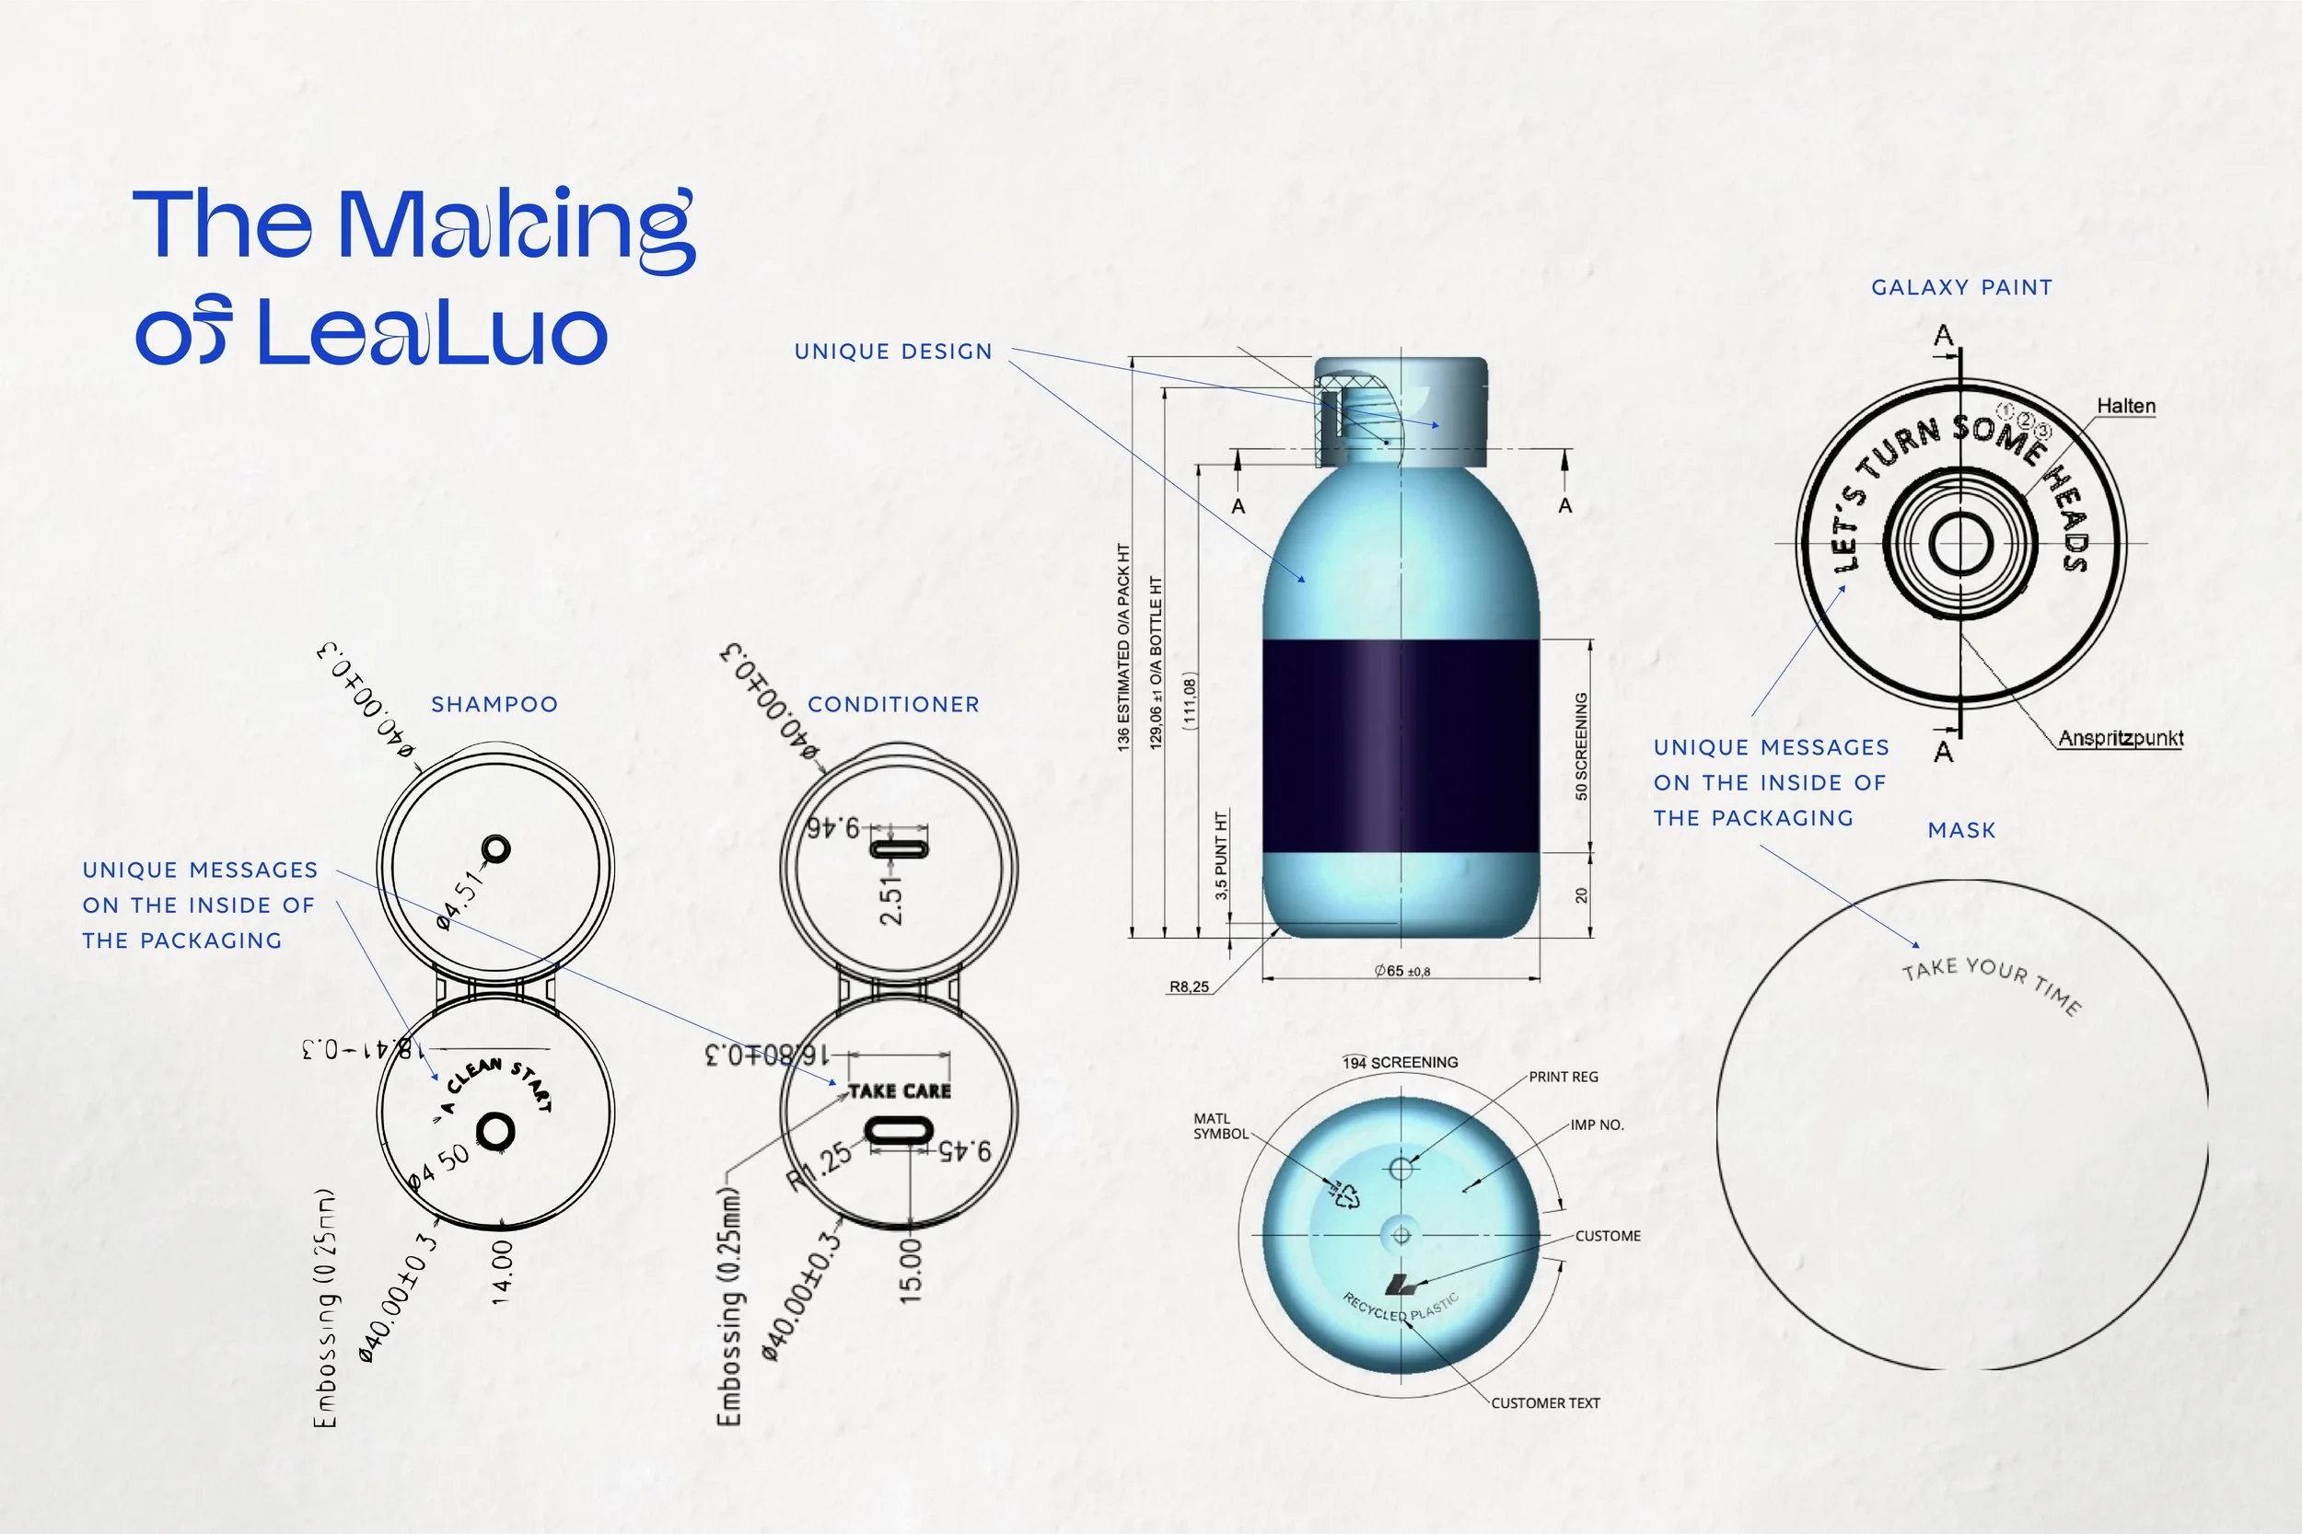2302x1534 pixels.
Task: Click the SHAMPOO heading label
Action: pos(494,704)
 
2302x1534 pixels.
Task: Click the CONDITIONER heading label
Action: pos(892,704)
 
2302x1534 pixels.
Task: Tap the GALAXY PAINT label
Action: pos(1961,288)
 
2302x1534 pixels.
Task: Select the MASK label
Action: pos(1961,831)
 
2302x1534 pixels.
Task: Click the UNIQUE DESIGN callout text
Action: pos(892,352)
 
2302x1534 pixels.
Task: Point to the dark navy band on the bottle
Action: pos(1400,745)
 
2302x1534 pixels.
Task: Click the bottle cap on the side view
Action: pos(1401,411)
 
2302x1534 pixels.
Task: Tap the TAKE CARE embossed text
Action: pos(900,1090)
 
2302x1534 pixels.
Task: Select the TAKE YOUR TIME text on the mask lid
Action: pos(1991,981)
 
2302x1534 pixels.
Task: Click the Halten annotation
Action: pos(2126,406)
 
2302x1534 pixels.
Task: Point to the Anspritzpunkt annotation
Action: pos(2120,738)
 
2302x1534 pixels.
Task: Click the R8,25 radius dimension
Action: pos(1189,987)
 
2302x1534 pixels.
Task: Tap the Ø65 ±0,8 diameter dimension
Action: pos(1401,972)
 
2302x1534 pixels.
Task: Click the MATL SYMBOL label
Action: pos(1219,1126)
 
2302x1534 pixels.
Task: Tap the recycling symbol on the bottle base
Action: pos(1343,1194)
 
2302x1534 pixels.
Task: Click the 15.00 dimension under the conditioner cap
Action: pos(911,1270)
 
